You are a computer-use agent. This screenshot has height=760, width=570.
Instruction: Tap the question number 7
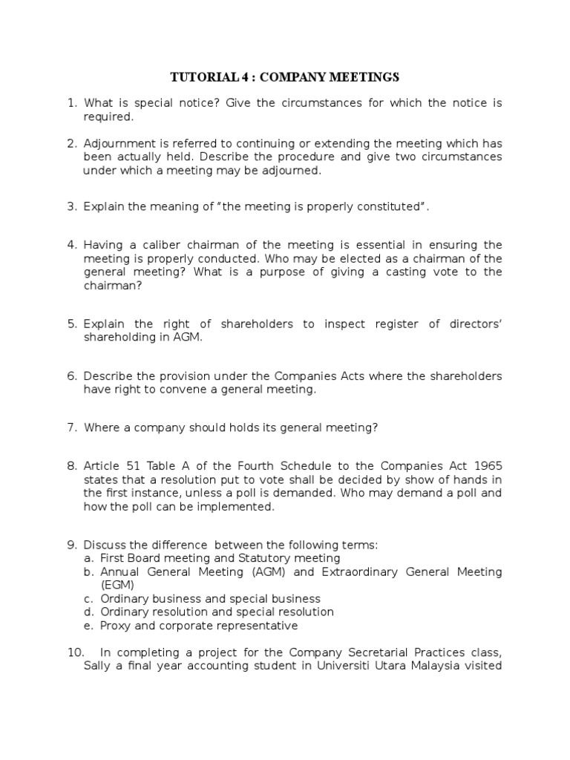[x=72, y=427]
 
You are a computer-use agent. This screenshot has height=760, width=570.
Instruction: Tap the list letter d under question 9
[x=88, y=612]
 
